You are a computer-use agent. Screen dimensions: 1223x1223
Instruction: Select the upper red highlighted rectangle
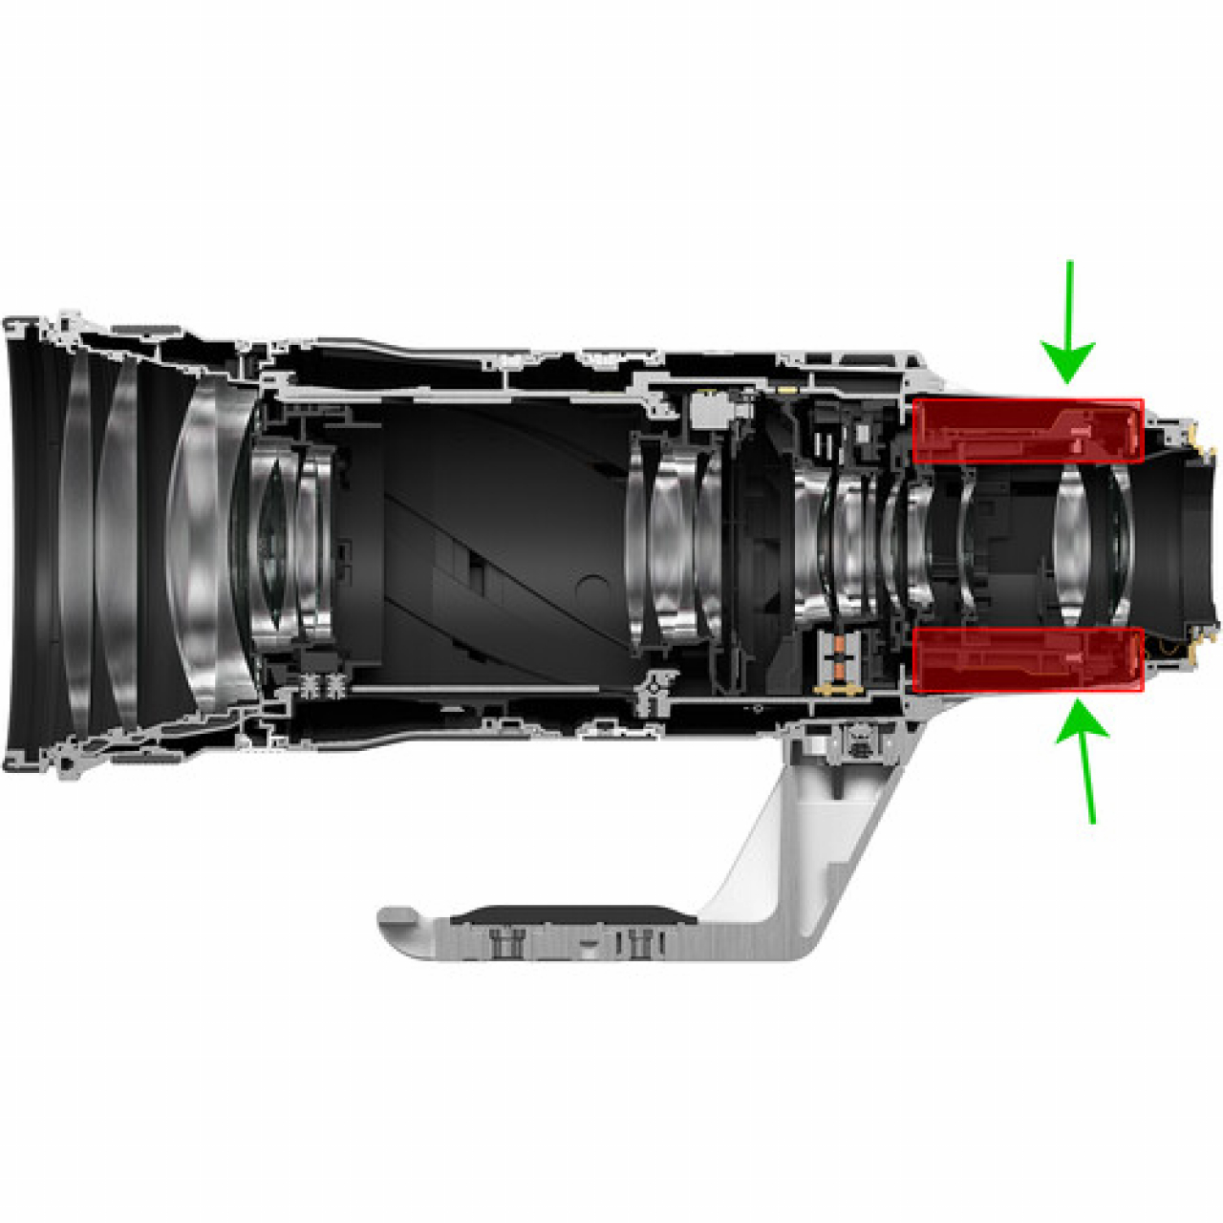coord(1028,431)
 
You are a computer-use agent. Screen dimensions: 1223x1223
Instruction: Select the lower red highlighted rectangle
coord(1028,659)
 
